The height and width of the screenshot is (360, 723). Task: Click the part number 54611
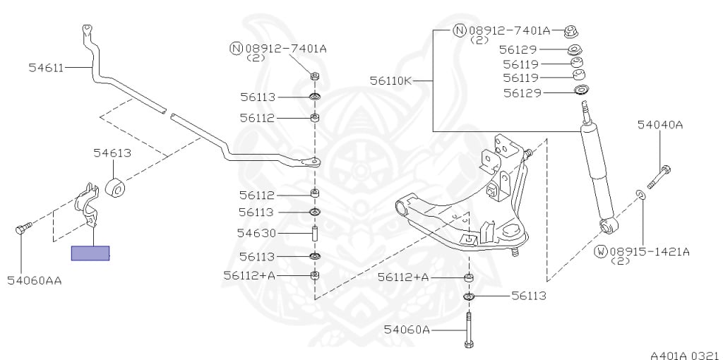[x=46, y=68]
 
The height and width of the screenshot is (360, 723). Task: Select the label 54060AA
[x=35, y=280]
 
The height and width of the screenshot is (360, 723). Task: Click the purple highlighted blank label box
[x=90, y=253]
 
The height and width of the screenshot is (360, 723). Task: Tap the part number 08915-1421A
[x=650, y=251]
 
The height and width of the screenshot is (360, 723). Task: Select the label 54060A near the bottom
[x=407, y=329]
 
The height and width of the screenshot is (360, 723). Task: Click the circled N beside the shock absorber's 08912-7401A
[x=460, y=30]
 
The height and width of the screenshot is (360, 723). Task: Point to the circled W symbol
[x=601, y=251]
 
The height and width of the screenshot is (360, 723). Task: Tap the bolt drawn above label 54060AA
[x=23, y=228]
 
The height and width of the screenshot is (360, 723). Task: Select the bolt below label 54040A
[x=657, y=176]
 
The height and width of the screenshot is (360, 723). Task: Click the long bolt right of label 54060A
[x=469, y=330]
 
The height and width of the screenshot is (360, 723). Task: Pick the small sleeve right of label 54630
[x=315, y=233]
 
